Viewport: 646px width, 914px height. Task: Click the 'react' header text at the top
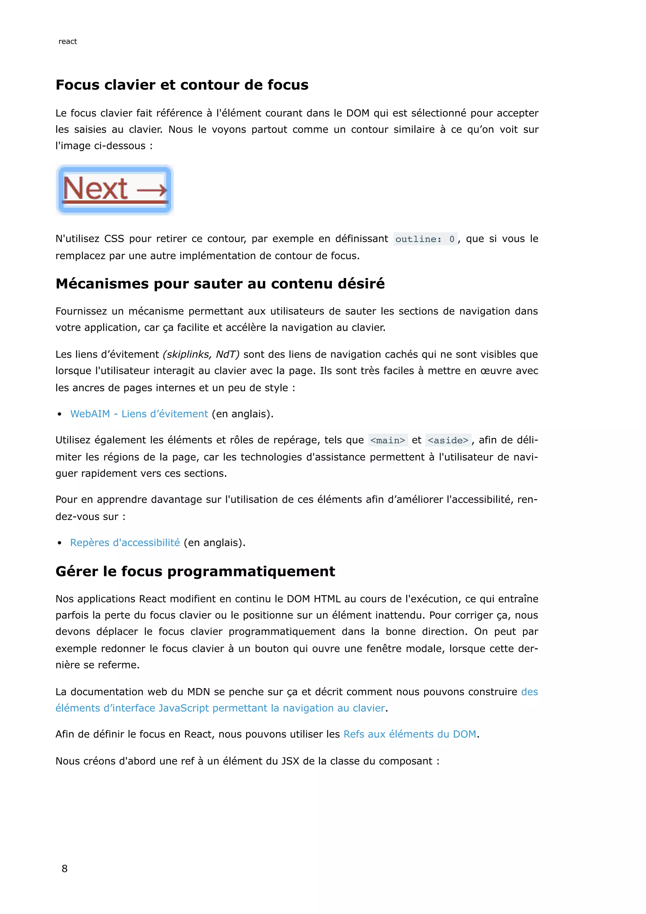68,41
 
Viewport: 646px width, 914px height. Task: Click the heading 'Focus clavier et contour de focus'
182,85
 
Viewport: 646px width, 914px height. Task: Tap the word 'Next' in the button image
96,189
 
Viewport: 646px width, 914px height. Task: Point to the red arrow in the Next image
152,190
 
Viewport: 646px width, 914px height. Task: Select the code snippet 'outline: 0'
425,239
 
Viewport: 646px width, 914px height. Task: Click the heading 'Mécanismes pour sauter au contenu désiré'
220,283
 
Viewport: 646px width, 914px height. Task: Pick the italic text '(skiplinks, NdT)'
201,354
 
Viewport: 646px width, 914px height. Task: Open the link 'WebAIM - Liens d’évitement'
139,414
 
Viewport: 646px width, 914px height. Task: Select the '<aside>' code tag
448,440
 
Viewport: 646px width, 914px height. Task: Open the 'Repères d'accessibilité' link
125,543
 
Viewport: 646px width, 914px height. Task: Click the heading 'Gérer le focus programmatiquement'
195,571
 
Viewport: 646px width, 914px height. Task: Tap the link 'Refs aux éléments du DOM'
410,734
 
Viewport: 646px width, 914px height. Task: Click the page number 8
64,869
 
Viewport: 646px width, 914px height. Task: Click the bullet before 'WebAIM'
59,414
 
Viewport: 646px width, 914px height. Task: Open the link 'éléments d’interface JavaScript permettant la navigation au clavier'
220,708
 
